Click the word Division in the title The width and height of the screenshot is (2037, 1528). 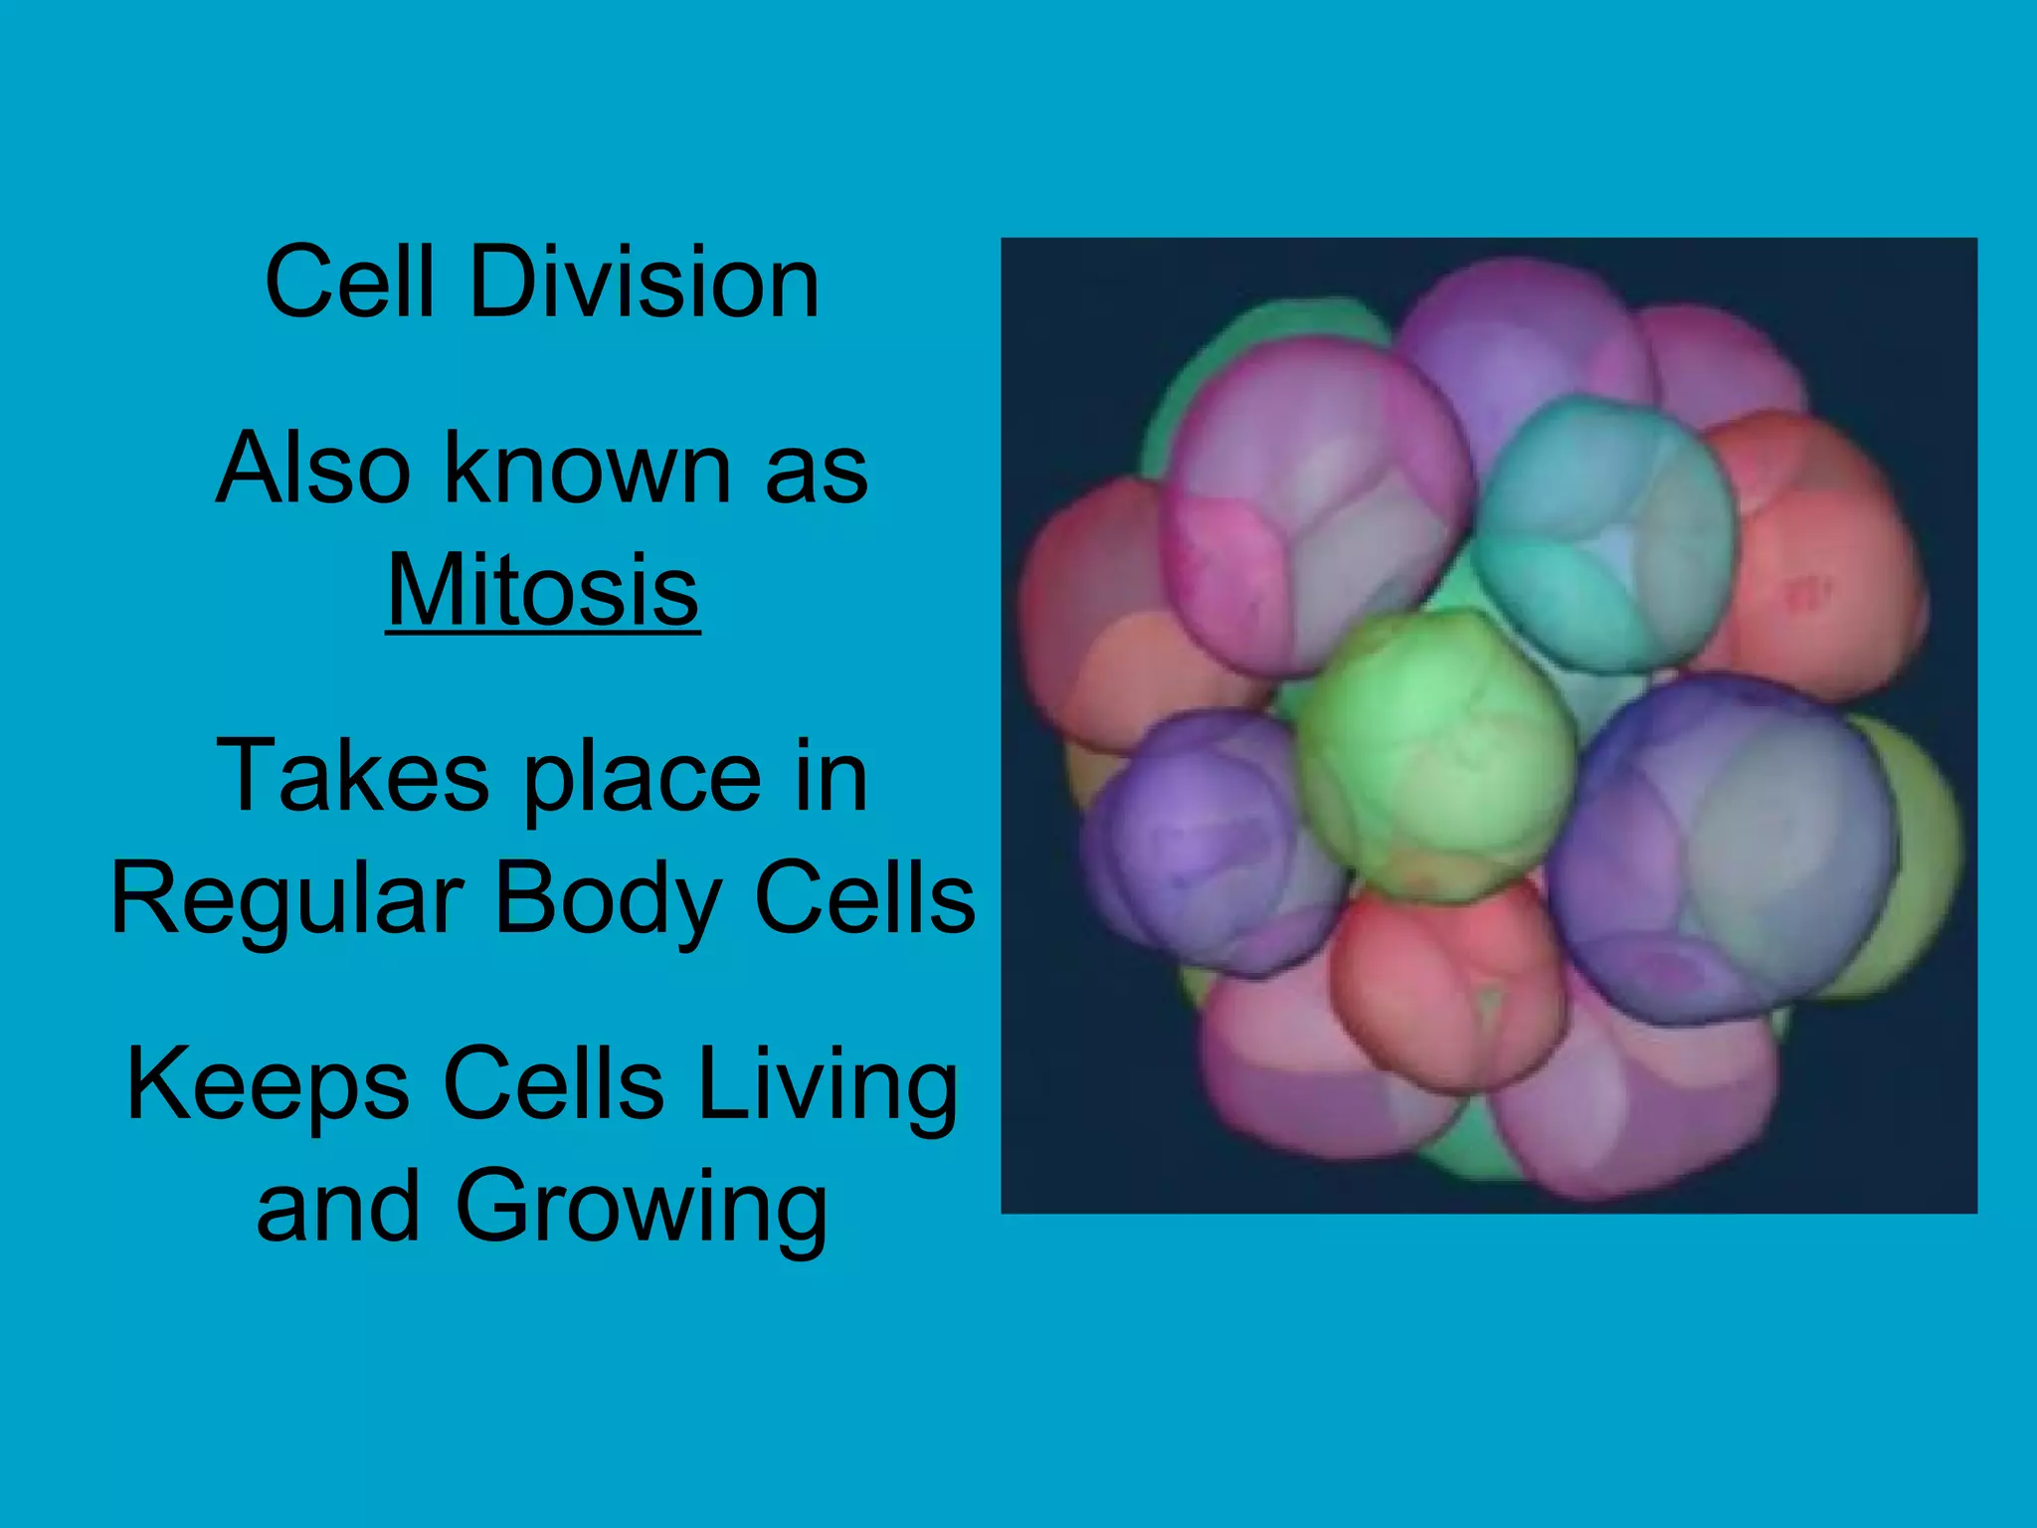(x=644, y=284)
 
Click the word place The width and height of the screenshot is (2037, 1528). (x=643, y=778)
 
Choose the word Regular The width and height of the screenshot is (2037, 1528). (x=287, y=899)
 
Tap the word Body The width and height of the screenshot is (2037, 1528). (x=608, y=899)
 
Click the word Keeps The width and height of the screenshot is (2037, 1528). (x=268, y=1084)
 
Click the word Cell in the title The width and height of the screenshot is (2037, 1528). (x=349, y=284)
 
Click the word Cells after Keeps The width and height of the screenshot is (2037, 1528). (x=553, y=1084)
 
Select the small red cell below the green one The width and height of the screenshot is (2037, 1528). (x=1447, y=985)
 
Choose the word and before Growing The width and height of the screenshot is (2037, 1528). (x=338, y=1207)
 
